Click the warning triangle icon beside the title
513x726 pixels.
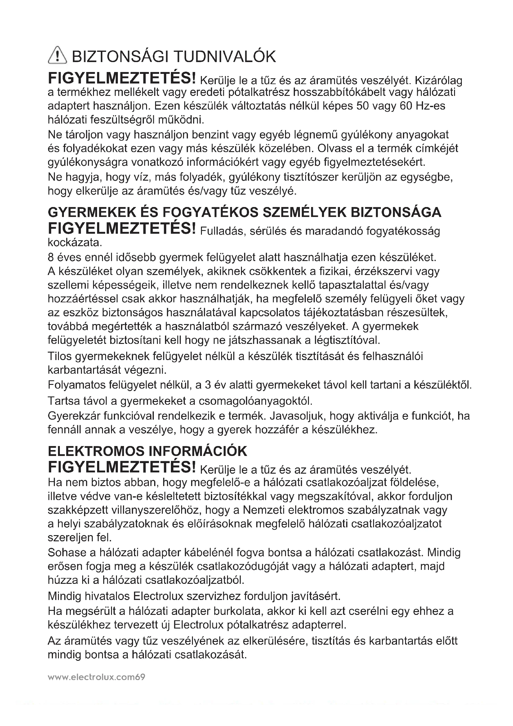tap(57, 55)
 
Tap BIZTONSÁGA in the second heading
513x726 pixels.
tap(396, 213)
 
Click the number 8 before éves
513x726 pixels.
tap(51, 258)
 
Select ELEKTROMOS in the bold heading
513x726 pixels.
tap(96, 452)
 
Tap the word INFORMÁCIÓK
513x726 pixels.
tap(198, 452)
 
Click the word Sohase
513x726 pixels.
tap(67, 553)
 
